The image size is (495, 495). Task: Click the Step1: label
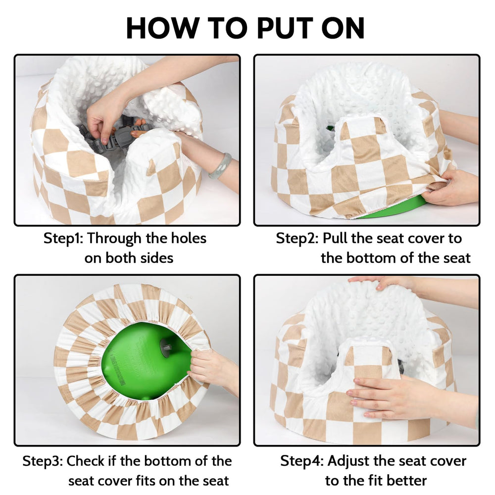pos(63,238)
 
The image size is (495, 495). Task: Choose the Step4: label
pos(302,461)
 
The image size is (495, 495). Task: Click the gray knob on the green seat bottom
pos(167,346)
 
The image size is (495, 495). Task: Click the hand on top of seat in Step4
pos(386,284)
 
